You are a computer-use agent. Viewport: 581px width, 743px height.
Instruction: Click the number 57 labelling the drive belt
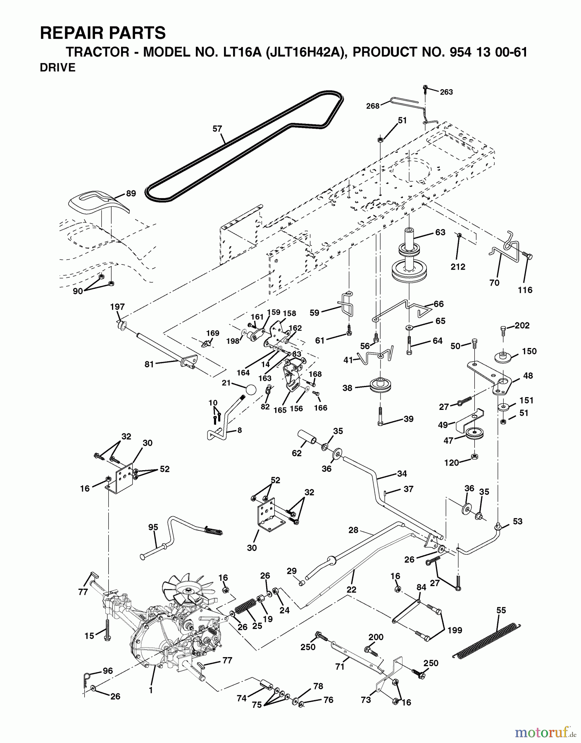(217, 129)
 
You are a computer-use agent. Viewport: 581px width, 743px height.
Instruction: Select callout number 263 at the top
(446, 92)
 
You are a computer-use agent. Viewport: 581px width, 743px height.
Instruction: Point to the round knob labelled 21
(251, 390)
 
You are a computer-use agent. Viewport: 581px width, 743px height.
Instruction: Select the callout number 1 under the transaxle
(151, 690)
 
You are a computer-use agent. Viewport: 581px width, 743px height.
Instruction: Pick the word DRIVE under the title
(57, 68)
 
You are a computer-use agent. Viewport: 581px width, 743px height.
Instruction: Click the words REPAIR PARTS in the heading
(103, 33)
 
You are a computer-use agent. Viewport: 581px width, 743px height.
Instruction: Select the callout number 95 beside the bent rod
(153, 527)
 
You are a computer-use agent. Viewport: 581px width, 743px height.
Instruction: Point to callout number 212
(458, 267)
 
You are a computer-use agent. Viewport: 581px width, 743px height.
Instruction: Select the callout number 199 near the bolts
(454, 630)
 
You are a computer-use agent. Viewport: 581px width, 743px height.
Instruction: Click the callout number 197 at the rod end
(117, 307)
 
